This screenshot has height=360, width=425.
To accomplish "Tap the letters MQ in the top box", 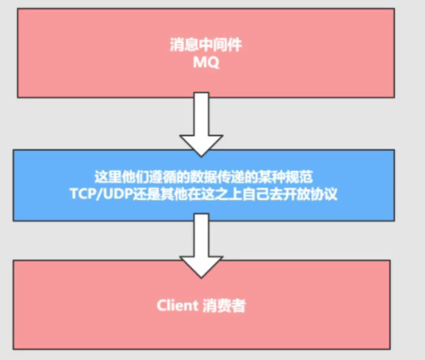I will (x=206, y=62).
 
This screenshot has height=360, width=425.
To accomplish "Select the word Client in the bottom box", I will (x=178, y=306).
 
